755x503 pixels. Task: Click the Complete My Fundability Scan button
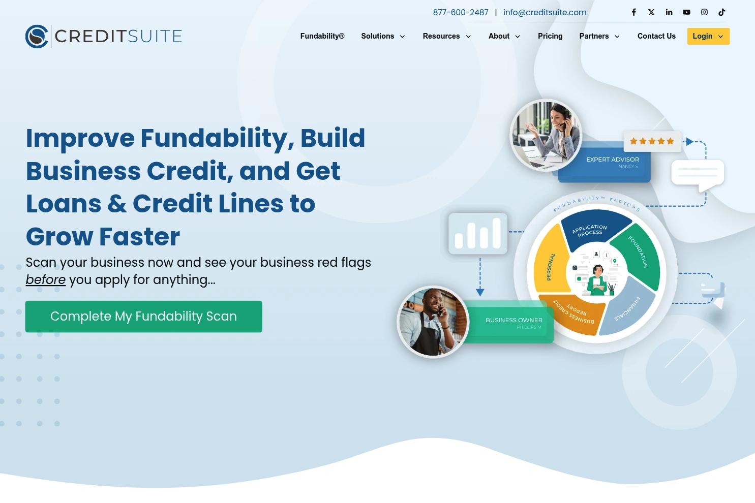click(143, 317)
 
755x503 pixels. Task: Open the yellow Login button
click(708, 36)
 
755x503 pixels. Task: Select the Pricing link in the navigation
click(550, 36)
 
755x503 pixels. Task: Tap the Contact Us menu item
click(656, 36)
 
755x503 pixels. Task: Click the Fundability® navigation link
click(322, 36)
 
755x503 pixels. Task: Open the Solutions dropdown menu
click(383, 36)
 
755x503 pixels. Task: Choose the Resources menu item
click(446, 36)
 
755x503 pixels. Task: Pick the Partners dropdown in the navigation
click(599, 36)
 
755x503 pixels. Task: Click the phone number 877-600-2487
click(461, 13)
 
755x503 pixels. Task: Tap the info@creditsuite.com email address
click(545, 13)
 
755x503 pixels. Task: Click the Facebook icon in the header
click(633, 12)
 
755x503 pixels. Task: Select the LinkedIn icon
click(669, 12)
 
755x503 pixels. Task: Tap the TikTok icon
click(721, 12)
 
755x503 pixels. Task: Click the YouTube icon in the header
click(686, 12)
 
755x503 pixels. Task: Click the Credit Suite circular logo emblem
click(37, 36)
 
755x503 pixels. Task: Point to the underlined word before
click(45, 280)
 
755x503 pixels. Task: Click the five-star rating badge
click(652, 141)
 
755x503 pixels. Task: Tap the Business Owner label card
click(514, 322)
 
